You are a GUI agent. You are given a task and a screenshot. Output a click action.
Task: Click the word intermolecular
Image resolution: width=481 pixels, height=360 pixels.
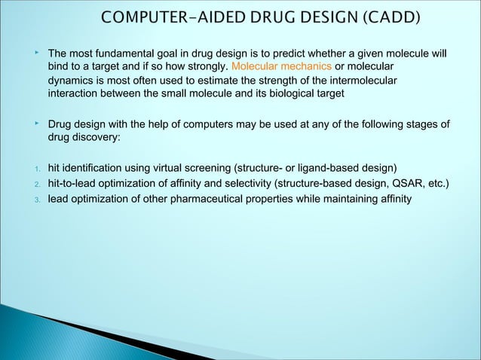[x=358, y=81]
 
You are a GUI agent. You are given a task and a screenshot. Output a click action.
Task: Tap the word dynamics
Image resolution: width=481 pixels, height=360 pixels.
[x=70, y=81]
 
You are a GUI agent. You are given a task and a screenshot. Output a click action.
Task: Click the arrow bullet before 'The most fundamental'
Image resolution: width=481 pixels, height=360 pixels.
[x=36, y=53]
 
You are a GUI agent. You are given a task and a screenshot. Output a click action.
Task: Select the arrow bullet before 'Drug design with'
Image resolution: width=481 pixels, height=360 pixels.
[x=36, y=124]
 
